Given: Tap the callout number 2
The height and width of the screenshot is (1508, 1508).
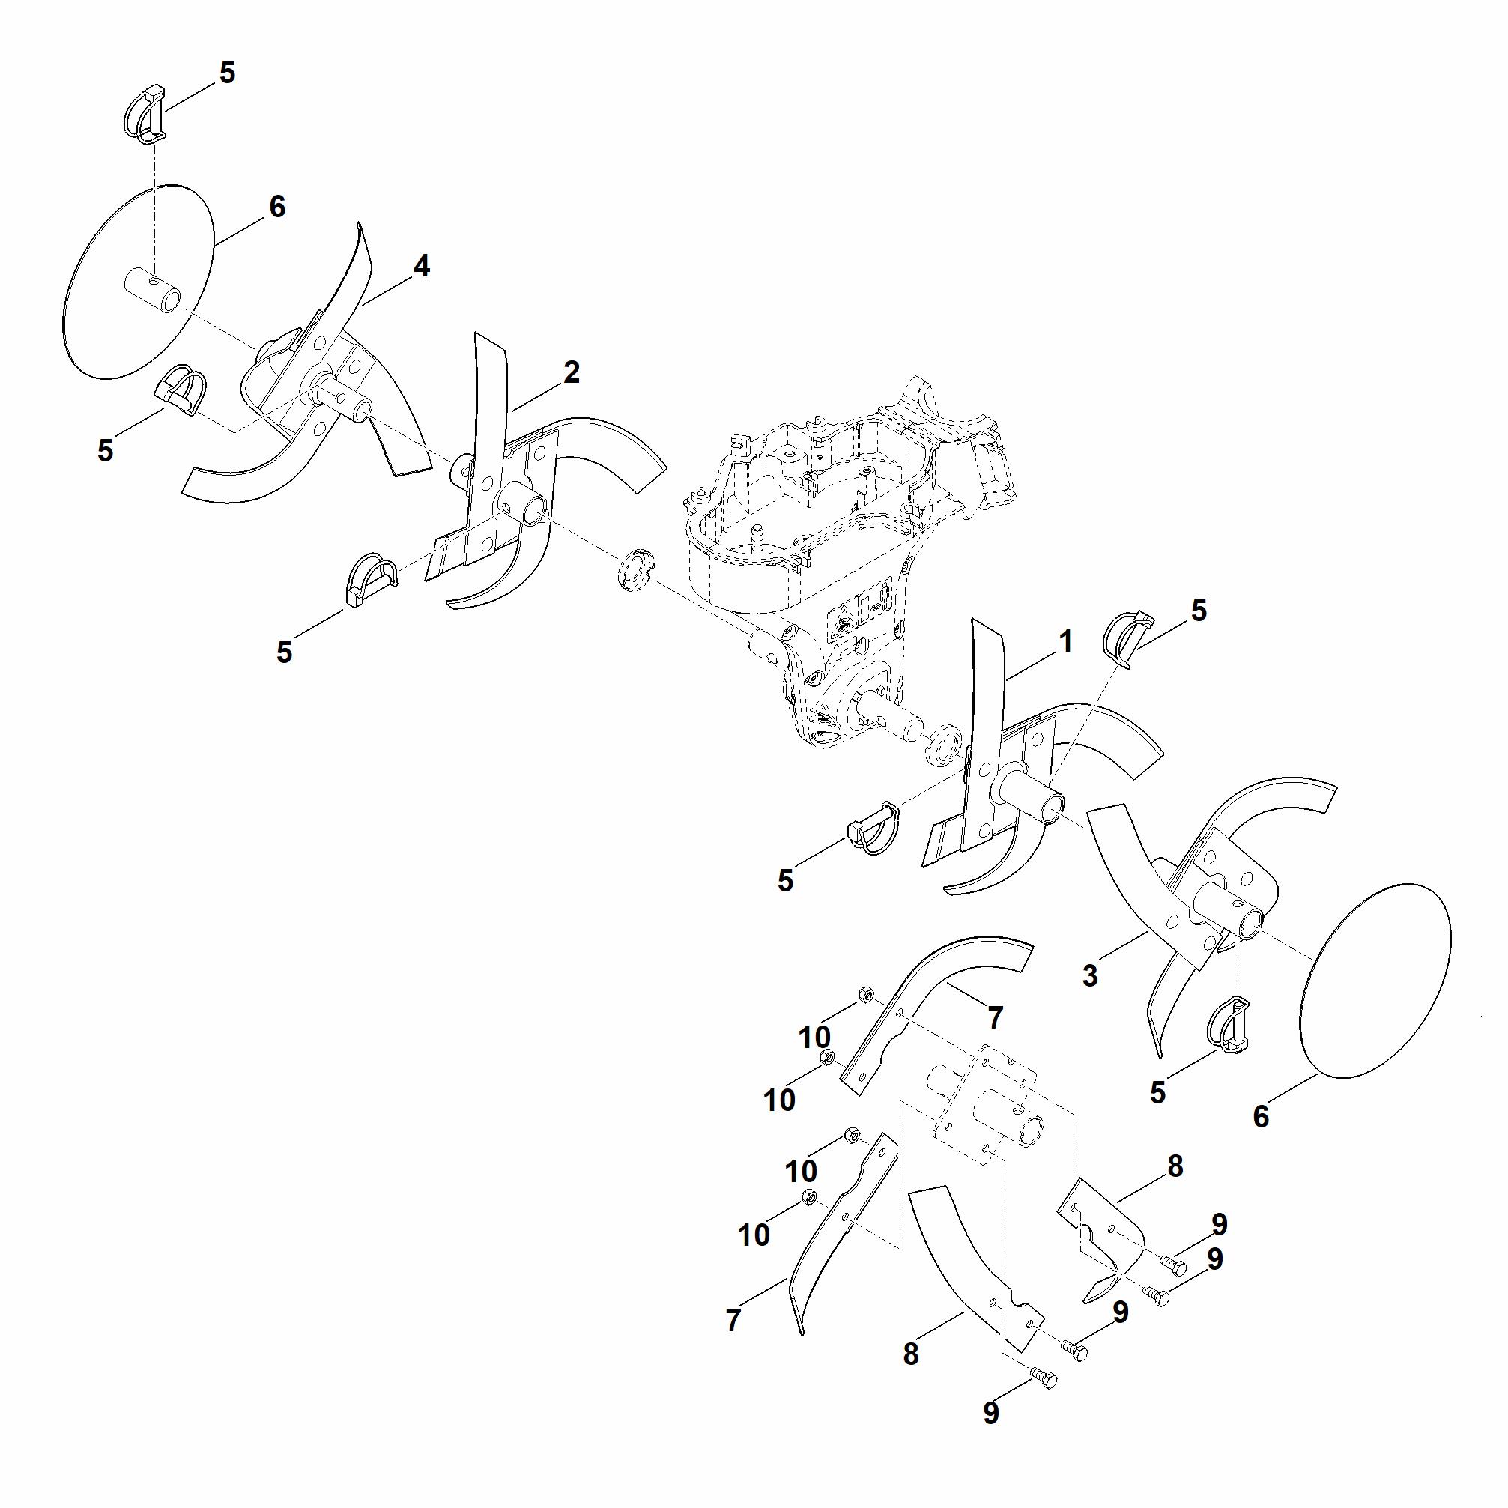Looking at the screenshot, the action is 572,372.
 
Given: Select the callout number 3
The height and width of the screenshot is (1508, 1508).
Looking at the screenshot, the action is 1091,975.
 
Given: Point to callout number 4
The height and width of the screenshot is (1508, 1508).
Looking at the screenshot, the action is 422,267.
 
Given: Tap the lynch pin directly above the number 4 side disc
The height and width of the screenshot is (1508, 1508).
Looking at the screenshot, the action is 146,115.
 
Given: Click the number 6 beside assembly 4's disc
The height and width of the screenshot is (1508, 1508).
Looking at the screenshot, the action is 277,207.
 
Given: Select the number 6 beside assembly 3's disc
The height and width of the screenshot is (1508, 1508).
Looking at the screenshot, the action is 1261,1117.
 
